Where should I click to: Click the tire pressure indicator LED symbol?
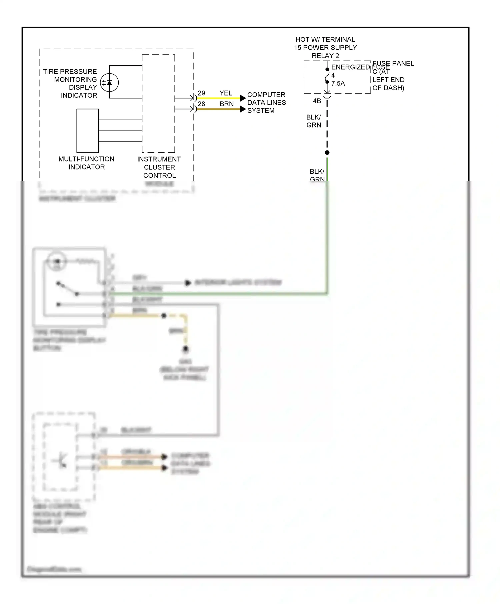pyautogui.click(x=109, y=83)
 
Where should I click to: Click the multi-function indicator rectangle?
pyautogui.click(x=88, y=131)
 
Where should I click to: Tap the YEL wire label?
pyautogui.click(x=226, y=93)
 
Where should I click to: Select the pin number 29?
pyautogui.click(x=201, y=93)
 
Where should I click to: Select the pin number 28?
pyautogui.click(x=201, y=104)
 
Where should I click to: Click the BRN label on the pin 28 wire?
pyautogui.click(x=227, y=104)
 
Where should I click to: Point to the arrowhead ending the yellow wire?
pyautogui.click(x=243, y=98)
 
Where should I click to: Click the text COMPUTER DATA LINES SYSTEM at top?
pyautogui.click(x=266, y=103)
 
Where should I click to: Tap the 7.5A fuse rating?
pyautogui.click(x=338, y=84)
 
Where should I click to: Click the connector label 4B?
pyautogui.click(x=317, y=101)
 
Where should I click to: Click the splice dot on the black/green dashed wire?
pyautogui.click(x=327, y=152)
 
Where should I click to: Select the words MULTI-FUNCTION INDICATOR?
pyautogui.click(x=86, y=163)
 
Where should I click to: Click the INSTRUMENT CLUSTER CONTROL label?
pyautogui.click(x=159, y=167)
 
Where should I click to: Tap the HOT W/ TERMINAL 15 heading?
pyautogui.click(x=325, y=44)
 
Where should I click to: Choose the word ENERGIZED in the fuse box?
pyautogui.click(x=350, y=67)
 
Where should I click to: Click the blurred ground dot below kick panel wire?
pyautogui.click(x=186, y=349)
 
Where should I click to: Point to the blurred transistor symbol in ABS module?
pyautogui.click(x=61, y=461)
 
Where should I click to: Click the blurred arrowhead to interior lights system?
pyautogui.click(x=188, y=283)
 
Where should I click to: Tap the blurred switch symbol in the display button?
pyautogui.click(x=68, y=289)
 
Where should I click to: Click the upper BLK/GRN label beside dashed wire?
pyautogui.click(x=314, y=121)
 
